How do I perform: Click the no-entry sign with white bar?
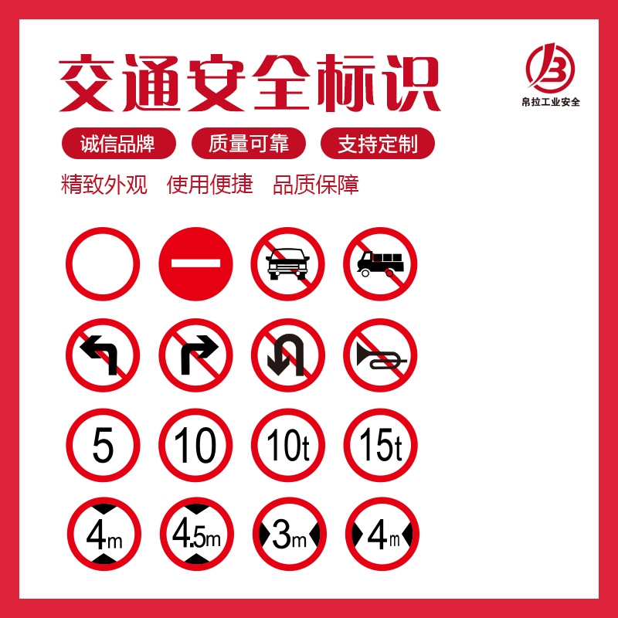pos(195,263)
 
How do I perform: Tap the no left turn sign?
pos(103,355)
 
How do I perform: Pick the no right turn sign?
pos(195,355)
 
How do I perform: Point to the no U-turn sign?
pos(288,355)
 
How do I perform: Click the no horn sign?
pos(380,355)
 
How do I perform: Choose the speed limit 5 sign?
pos(103,446)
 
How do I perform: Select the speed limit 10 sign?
pos(195,446)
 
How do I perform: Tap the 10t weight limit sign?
pos(288,446)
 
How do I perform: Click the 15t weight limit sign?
pos(381,446)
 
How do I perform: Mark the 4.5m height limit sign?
pos(197,534)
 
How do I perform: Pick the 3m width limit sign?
pos(290,534)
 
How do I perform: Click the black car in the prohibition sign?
pos(287,263)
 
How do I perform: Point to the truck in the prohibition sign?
pos(380,263)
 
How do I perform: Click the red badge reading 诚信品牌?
pos(119,144)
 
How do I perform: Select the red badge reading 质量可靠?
pos(248,144)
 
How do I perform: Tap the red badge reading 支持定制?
pos(378,144)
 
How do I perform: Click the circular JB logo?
pos(550,67)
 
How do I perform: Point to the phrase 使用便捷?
pos(209,185)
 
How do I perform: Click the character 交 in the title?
pos(87,83)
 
